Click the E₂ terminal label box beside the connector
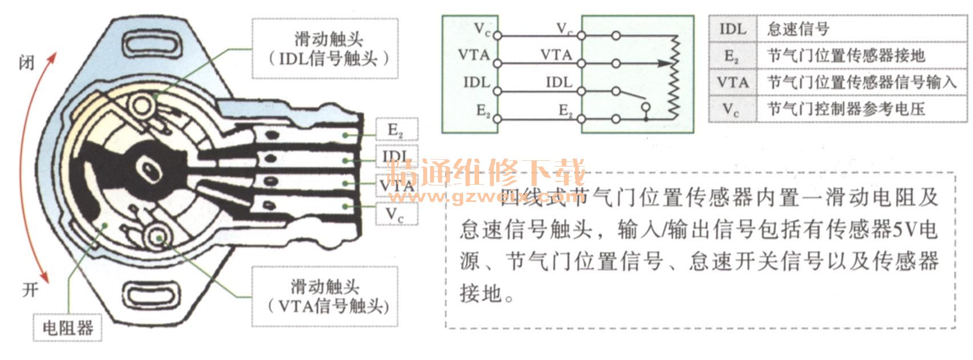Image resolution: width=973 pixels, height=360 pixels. coord(396,130)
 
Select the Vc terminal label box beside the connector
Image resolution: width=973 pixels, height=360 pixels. coord(396,215)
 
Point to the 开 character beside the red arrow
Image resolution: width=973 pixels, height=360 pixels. coord(30,290)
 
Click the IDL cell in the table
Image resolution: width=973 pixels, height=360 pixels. coord(732,29)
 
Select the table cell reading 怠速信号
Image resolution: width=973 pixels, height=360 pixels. coord(798,29)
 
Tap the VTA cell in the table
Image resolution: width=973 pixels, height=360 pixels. coord(732,82)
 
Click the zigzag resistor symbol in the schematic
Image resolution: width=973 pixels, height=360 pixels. coord(674,75)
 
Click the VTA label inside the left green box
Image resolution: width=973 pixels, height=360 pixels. coord(474,55)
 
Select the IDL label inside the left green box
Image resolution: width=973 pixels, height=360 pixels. coord(476,82)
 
